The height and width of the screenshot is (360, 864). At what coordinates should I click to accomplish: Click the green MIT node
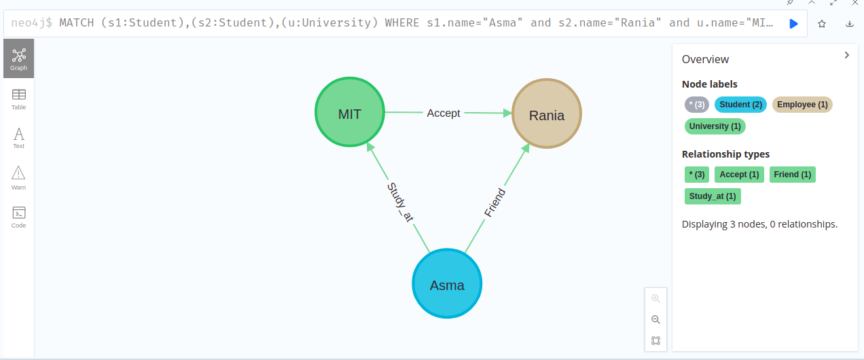(350, 113)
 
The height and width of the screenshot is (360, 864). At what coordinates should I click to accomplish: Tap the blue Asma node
(447, 284)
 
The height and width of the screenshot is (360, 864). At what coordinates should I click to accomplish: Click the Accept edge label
(444, 113)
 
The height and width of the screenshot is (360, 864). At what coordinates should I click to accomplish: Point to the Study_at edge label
(400, 202)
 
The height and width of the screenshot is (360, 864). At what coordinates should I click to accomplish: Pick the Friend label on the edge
(494, 202)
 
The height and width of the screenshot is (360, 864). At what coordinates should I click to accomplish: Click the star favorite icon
(822, 24)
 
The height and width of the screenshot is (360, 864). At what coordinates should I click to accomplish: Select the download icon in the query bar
(850, 24)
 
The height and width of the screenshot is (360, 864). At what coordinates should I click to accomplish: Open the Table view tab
(18, 98)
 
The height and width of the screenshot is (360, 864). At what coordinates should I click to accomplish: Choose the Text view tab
(18, 137)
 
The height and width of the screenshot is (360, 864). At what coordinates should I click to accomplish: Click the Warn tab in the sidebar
(18, 177)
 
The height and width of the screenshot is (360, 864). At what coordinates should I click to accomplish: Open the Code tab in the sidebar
(18, 217)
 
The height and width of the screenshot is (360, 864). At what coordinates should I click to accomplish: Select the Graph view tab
(18, 58)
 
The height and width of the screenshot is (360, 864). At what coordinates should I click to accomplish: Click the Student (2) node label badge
(740, 105)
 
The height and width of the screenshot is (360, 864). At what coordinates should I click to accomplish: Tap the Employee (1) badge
(802, 105)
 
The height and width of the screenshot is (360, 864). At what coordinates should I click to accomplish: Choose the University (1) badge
(715, 126)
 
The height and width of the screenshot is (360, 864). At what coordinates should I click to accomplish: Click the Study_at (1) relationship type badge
(713, 196)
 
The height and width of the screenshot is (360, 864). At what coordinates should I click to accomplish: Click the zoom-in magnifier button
(655, 298)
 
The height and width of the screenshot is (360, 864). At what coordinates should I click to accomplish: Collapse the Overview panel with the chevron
(846, 56)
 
